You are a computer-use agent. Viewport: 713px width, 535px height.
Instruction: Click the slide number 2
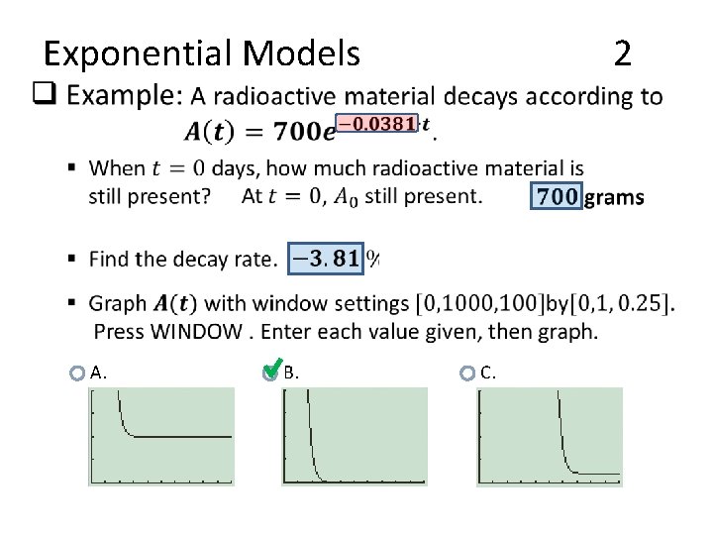622,53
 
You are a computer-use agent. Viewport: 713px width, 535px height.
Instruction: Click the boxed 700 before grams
559,196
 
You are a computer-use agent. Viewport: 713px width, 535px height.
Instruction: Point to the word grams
615,197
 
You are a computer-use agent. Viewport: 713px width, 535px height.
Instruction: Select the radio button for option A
77,374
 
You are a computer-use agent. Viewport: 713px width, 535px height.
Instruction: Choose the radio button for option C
467,374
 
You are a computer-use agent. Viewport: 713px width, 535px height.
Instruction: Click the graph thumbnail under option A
161,436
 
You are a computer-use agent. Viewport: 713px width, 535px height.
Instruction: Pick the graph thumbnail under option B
355,436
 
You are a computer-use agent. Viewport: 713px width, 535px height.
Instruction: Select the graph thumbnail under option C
550,436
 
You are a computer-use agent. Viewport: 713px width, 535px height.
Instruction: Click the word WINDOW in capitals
197,330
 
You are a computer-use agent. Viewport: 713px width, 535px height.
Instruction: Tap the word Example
133,96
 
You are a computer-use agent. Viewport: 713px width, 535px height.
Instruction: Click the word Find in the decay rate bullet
108,260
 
